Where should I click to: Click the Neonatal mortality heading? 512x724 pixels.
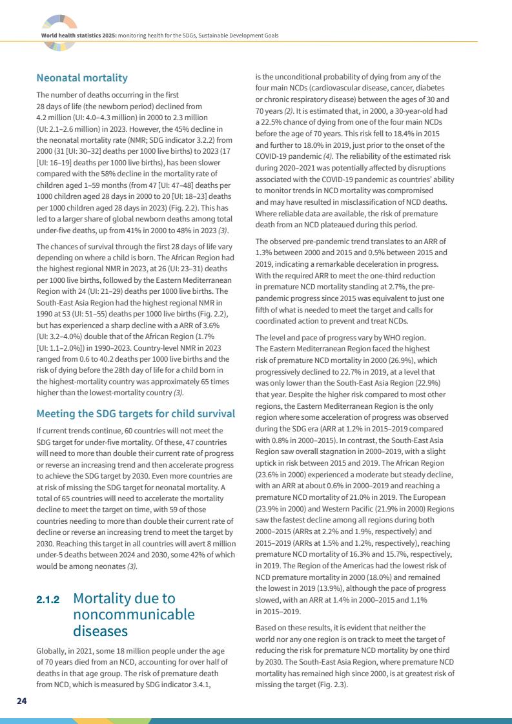point(82,79)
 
